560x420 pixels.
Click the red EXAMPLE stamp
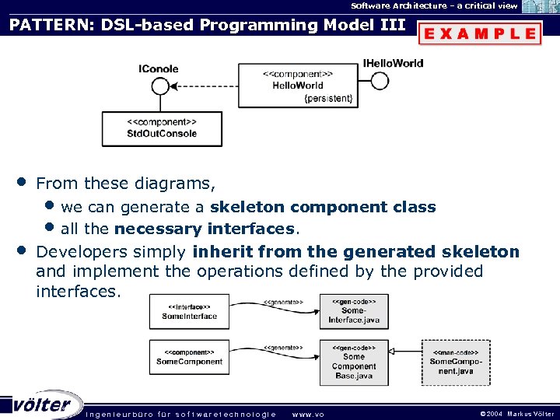[480, 34]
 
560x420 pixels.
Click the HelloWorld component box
[298, 85]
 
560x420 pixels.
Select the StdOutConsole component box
[162, 128]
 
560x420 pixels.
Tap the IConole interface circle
[160, 85]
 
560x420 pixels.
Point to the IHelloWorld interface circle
[380, 80]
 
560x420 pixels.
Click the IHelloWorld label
[393, 63]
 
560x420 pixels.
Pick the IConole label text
[159, 68]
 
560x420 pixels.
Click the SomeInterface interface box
[190, 312]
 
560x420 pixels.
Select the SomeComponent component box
[190, 357]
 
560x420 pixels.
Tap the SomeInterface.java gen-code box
[353, 311]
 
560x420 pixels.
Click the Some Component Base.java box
[353, 362]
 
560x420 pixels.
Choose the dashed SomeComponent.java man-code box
[456, 362]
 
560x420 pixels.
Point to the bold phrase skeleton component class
[323, 207]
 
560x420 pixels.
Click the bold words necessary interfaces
[205, 229]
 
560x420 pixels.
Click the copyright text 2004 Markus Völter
[517, 414]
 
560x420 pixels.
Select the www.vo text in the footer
[308, 414]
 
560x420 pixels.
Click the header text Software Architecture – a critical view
[434, 5]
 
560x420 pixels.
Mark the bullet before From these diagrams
[23, 182]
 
